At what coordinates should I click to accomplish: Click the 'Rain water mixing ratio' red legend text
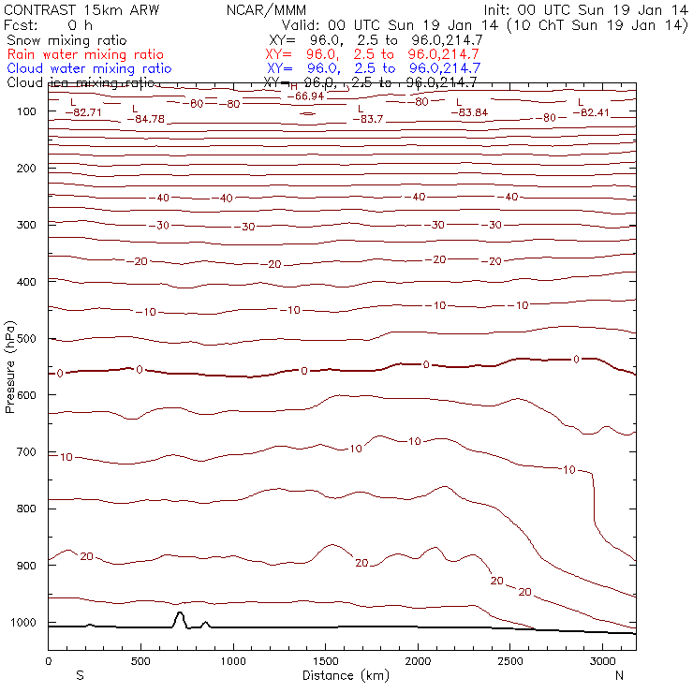85,54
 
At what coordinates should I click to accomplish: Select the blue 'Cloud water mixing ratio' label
89,68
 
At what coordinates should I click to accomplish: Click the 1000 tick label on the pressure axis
27,623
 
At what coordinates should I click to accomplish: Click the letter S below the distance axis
80,675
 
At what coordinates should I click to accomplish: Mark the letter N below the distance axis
619,675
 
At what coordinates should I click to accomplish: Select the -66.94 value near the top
305,96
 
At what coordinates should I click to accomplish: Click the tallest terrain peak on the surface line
179,612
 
